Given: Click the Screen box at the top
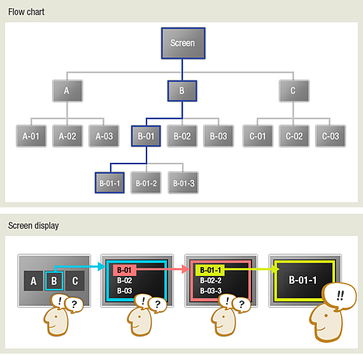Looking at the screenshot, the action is (183, 43).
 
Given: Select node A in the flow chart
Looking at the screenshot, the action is (68, 91).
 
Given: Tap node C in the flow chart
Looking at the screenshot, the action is (294, 91).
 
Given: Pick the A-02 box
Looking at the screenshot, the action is (68, 136).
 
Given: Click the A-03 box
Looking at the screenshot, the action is (104, 136).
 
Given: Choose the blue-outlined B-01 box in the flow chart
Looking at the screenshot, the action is (146, 136).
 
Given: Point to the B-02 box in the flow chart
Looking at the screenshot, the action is (182, 136).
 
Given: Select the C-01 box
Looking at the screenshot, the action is (258, 136).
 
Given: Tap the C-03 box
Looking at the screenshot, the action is (331, 136).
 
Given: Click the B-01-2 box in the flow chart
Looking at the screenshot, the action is (146, 183).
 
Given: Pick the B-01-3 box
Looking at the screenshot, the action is (183, 183).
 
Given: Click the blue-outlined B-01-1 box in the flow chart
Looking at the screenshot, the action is (110, 183).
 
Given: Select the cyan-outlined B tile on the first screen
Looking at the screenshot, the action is (54, 280).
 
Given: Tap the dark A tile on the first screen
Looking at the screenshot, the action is (33, 280).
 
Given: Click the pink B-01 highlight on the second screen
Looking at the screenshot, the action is (125, 270).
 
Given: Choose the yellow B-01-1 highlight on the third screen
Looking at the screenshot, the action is (210, 270).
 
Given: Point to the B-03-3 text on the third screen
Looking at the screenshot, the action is (211, 291).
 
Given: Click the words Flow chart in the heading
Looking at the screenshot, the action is (26, 12).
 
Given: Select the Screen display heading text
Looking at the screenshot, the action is (34, 226).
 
